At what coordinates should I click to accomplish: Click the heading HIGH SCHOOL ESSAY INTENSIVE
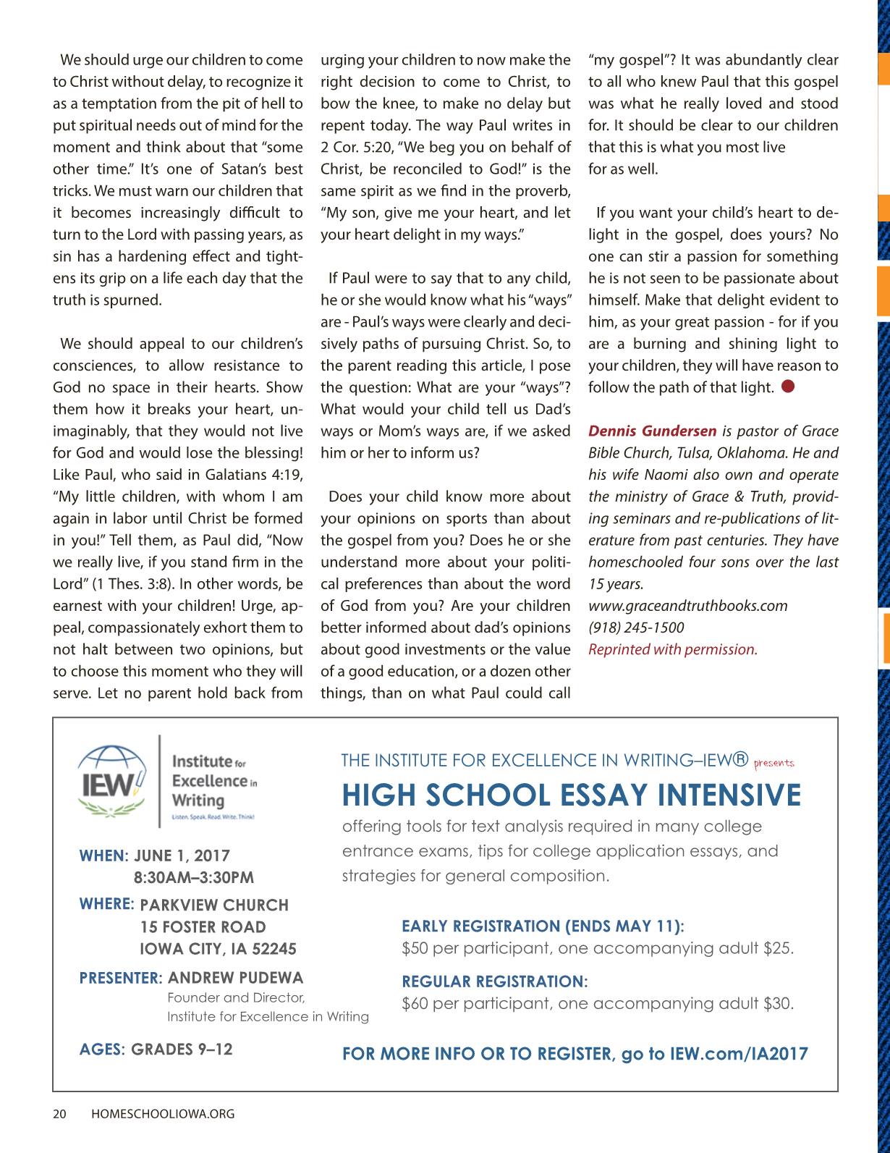coord(571,795)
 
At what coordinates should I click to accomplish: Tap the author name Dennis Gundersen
coord(652,431)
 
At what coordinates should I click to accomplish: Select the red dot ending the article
coord(788,386)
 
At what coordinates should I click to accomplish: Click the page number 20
coord(59,1114)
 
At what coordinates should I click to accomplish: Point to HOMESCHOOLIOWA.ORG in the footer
coord(164,1114)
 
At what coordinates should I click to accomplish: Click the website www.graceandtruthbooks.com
coord(687,605)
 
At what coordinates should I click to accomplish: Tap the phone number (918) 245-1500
coord(636,627)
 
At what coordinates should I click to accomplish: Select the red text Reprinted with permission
coord(672,649)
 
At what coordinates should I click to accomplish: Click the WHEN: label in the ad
coord(103,856)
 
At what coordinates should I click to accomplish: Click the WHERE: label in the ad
coord(107,903)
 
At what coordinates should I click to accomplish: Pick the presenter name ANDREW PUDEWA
coord(236,978)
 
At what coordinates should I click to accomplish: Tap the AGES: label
coord(103,1048)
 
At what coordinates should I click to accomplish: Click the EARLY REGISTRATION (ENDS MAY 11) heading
coord(543,926)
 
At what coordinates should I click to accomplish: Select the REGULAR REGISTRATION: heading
coord(495,981)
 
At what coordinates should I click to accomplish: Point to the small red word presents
coord(774,763)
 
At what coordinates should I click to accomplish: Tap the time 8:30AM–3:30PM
coord(194,878)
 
